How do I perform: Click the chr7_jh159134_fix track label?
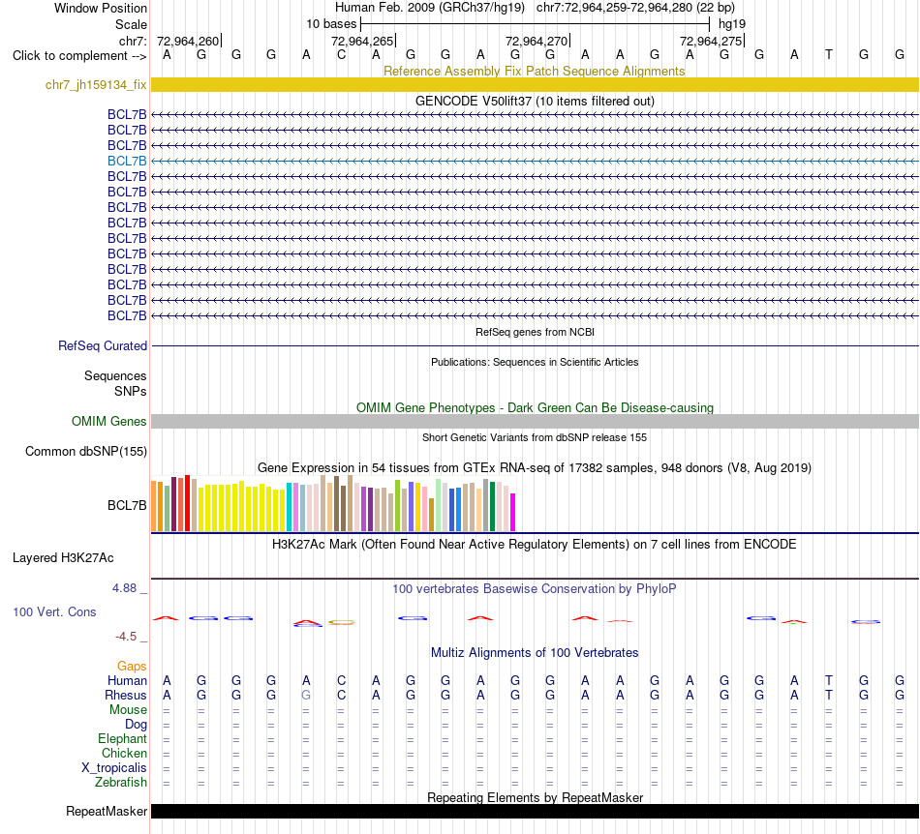(96, 85)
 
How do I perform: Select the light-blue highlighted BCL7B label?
(127, 162)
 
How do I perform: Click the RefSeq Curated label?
(103, 345)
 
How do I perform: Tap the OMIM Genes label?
(109, 422)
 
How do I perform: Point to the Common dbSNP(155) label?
(86, 451)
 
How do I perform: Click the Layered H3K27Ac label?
(63, 558)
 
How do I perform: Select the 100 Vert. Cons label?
(54, 611)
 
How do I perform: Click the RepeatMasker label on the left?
(107, 811)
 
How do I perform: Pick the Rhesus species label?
(126, 695)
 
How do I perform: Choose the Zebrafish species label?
(121, 783)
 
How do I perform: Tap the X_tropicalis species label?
(114, 768)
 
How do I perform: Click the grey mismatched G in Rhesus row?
(306, 695)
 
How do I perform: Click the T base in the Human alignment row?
(828, 680)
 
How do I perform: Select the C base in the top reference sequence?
(342, 55)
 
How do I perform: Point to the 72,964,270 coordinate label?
(537, 41)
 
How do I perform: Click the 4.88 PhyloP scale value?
(124, 588)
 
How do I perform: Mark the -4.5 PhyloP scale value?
(126, 637)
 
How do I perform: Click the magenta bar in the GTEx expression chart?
(513, 512)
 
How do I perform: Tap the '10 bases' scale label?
(331, 24)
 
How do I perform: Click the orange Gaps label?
(132, 667)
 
